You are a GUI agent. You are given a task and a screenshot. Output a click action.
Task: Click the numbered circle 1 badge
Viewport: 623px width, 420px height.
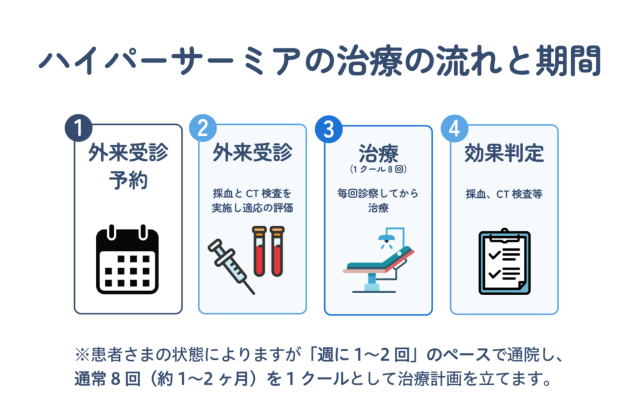78,128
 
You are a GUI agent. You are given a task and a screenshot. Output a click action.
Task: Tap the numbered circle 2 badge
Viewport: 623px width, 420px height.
203,128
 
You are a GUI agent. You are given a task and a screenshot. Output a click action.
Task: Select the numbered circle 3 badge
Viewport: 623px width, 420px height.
329,129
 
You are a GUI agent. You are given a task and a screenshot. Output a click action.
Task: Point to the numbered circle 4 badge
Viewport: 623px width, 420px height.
454,128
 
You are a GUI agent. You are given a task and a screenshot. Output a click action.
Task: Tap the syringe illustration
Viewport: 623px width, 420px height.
231,266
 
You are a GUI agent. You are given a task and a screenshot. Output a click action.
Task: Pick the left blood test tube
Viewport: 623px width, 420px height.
259,251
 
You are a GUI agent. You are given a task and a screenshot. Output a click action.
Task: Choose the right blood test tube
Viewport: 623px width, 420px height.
277,251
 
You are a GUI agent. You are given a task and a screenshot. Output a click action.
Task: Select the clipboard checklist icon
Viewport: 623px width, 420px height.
504,262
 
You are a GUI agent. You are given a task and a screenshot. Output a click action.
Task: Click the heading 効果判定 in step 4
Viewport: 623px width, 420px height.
504,153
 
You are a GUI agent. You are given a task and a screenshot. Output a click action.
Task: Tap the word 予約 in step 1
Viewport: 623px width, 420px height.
128,180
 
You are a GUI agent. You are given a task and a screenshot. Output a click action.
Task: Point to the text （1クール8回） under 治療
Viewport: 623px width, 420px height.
378,169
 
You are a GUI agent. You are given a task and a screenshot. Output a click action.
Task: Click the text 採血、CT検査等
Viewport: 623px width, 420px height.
504,194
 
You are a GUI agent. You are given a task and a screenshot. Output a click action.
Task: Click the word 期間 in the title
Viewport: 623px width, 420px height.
568,61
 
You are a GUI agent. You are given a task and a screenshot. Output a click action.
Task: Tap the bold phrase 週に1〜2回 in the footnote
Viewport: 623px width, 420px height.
364,354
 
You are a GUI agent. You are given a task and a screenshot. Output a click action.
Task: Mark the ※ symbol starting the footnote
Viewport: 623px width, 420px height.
82,355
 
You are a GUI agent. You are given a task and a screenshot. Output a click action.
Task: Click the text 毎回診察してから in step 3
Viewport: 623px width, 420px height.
378,194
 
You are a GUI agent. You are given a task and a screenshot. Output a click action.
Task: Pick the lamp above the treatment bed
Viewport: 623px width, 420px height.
386,239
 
